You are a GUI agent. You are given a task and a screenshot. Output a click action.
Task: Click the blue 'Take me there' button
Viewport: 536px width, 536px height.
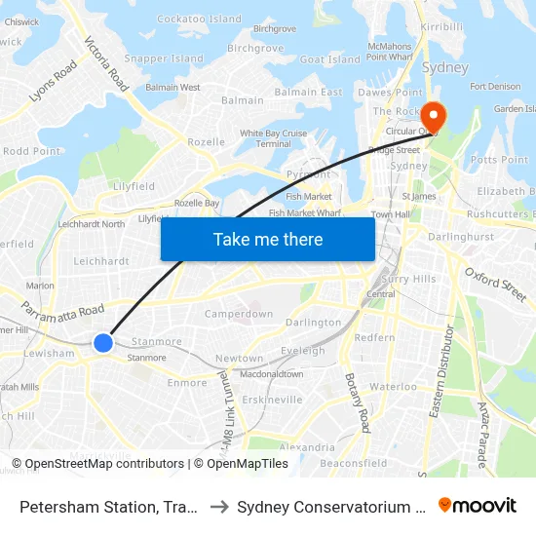tap(268, 239)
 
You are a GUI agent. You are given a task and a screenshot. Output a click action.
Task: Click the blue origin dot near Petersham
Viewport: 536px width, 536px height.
tap(103, 342)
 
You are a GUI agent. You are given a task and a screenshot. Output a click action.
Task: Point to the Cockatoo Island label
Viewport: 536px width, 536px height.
tap(199, 19)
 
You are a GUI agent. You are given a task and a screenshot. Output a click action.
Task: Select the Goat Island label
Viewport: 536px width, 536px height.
tap(330, 59)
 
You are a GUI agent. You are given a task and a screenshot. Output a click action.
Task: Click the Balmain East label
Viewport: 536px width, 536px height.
tap(308, 92)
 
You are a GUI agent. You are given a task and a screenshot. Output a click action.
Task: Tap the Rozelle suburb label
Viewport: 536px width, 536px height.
tap(206, 141)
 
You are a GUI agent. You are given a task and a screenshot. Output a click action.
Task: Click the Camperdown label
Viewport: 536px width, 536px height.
tap(239, 314)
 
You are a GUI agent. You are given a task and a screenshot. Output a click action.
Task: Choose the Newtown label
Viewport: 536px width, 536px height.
tap(239, 359)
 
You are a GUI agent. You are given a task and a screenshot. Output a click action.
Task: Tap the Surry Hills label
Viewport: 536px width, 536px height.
tap(410, 279)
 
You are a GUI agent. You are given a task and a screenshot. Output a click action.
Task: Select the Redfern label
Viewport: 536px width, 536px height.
tap(375, 337)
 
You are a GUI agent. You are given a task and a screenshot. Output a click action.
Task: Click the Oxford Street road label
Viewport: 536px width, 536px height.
tap(495, 284)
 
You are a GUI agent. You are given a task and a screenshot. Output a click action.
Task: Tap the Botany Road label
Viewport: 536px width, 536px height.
tap(359, 402)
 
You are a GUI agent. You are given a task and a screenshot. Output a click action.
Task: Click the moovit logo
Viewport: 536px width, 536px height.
tap(478, 505)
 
